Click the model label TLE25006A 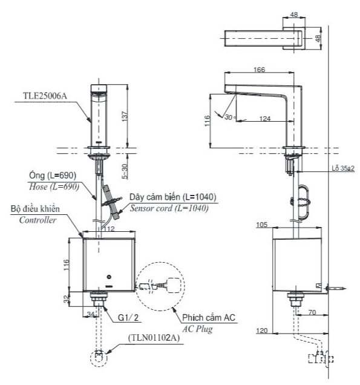tap(45, 96)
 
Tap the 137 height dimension tap(125, 116)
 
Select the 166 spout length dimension tap(259, 70)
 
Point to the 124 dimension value tap(265, 119)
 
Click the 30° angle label tap(229, 117)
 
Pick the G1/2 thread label tap(128, 317)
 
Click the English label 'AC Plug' tap(197, 329)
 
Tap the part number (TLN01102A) tap(154, 338)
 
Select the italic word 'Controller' tap(38, 220)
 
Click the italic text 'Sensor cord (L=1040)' tap(169, 208)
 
